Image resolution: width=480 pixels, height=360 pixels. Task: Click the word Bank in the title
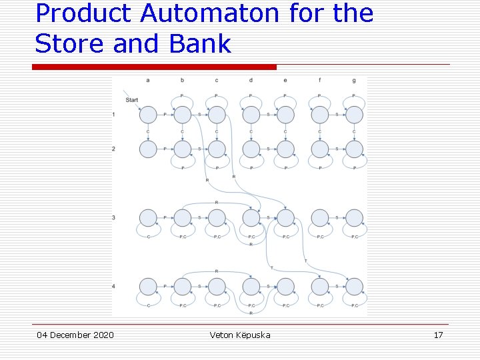200,44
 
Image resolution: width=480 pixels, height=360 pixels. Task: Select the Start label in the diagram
132,100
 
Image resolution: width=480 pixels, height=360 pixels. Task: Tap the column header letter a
147,81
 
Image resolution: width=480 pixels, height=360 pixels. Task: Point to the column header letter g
354,81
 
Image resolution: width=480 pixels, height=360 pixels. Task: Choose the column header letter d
251,81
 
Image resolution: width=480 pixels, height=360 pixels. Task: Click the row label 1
114,115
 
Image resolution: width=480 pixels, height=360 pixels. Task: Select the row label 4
114,286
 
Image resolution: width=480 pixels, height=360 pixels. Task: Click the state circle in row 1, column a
148,115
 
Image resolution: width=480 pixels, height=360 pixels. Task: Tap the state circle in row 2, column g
354,149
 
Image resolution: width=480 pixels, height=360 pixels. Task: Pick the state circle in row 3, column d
251,217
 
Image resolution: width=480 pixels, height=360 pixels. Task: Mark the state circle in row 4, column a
148,287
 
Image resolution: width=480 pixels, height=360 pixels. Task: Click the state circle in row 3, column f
320,217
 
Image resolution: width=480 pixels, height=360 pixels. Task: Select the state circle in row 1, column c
217,115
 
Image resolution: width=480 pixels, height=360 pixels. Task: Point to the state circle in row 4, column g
354,287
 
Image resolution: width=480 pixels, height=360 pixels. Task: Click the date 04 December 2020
75,335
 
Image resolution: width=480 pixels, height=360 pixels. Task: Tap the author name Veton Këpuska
240,335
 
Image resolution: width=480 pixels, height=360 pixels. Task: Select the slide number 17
438,335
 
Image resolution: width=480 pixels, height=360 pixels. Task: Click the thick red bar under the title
155,67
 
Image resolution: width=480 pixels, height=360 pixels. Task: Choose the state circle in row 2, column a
148,149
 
